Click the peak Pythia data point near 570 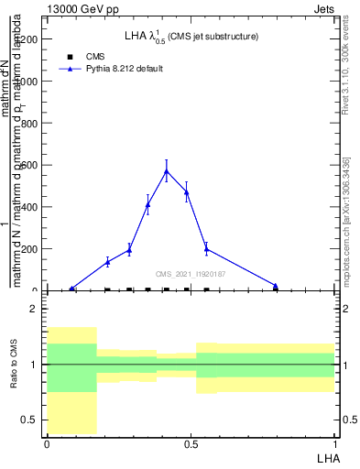tap(166, 171)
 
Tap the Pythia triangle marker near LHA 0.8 tap(276, 286)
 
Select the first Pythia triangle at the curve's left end tap(72, 289)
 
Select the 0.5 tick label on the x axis tap(191, 444)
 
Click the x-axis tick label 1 tap(334, 444)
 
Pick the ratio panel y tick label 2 tap(33, 309)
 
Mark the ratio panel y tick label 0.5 tap(29, 420)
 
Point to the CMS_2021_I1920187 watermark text tap(191, 274)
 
